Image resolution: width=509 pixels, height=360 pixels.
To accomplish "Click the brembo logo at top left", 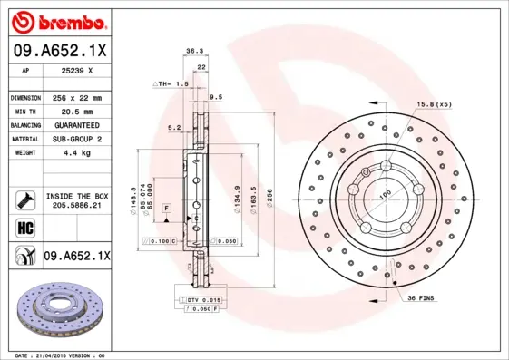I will tap(55, 20).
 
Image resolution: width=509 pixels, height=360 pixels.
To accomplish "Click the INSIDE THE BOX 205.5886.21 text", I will tap(76, 200).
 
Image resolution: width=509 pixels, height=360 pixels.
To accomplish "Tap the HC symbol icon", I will tap(24, 227).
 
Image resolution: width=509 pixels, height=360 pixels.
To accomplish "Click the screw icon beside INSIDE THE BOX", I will tap(24, 200).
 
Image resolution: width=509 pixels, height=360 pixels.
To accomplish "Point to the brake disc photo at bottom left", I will tap(57, 309).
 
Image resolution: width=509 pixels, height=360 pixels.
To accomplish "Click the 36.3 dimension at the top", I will tap(193, 52).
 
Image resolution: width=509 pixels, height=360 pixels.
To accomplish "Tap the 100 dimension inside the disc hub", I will tap(384, 194).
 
